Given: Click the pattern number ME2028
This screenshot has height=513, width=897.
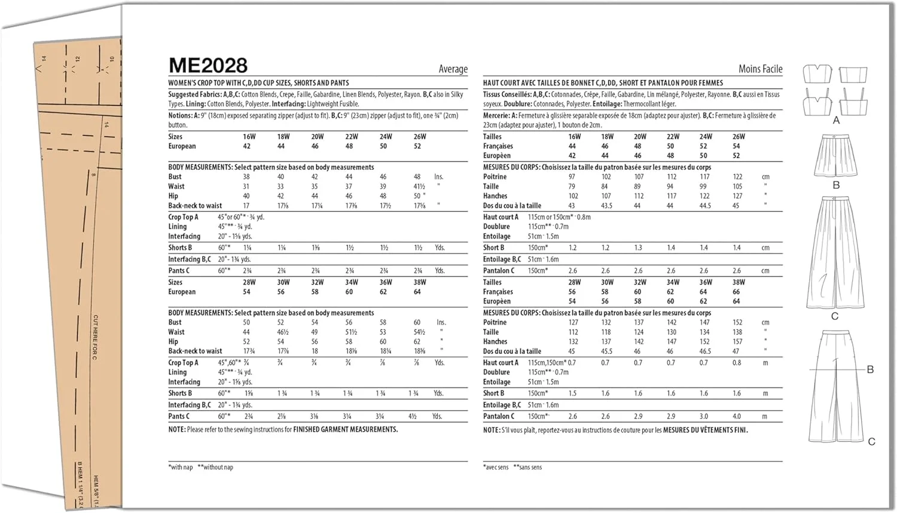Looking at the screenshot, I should tap(208, 65).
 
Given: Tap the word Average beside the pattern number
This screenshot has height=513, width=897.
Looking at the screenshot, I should tap(453, 69).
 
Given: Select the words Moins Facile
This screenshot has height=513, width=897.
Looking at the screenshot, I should tap(760, 69).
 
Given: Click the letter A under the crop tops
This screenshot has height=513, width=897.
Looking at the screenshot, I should tap(836, 120).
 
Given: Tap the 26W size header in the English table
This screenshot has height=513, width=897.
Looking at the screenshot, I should tap(420, 136).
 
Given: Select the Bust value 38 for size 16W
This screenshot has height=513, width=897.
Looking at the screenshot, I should tap(246, 177).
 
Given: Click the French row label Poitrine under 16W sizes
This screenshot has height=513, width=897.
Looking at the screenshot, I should tap(495, 177).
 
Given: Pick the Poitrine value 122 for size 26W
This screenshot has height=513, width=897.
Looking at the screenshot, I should tap(737, 177).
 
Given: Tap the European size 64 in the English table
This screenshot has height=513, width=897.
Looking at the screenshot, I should tap(417, 292).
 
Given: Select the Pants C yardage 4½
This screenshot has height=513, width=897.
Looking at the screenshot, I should tap(413, 416).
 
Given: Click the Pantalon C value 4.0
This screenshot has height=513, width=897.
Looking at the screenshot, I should tap(736, 416).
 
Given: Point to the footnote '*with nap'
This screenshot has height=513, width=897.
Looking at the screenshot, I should tap(181, 467).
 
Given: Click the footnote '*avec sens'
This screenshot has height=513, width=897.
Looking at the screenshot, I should tap(496, 467).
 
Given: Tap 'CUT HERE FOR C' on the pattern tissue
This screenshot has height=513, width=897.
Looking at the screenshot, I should tap(95, 337).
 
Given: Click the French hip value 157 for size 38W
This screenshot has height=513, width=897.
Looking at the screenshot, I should tap(737, 341).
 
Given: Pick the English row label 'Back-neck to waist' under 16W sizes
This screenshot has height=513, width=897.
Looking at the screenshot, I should tap(195, 206).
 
